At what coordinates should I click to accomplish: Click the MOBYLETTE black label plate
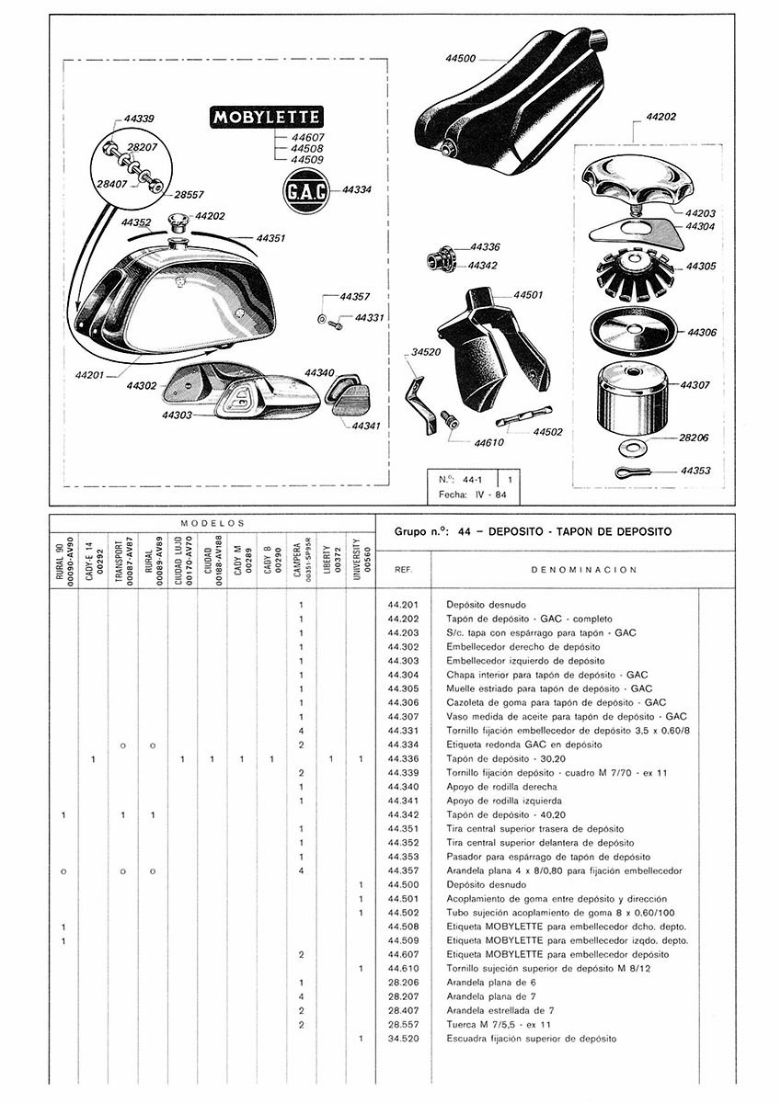pos(265,117)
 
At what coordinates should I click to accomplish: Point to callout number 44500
pos(459,59)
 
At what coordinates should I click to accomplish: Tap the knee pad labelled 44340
pos(349,389)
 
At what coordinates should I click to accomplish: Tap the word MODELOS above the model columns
pos(211,522)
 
